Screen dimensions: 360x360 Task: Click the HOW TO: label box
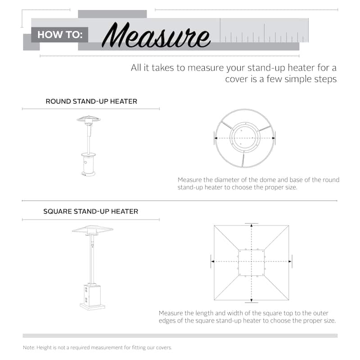[x=59, y=35]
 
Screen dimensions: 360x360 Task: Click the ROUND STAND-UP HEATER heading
[x=91, y=101]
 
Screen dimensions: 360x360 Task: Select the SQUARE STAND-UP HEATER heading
[x=90, y=211]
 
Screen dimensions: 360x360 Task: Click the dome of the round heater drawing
[x=88, y=119]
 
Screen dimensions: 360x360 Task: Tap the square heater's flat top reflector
[x=92, y=229]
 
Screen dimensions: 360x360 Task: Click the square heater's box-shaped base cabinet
[x=92, y=294]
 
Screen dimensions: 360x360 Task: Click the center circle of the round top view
[x=245, y=137]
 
